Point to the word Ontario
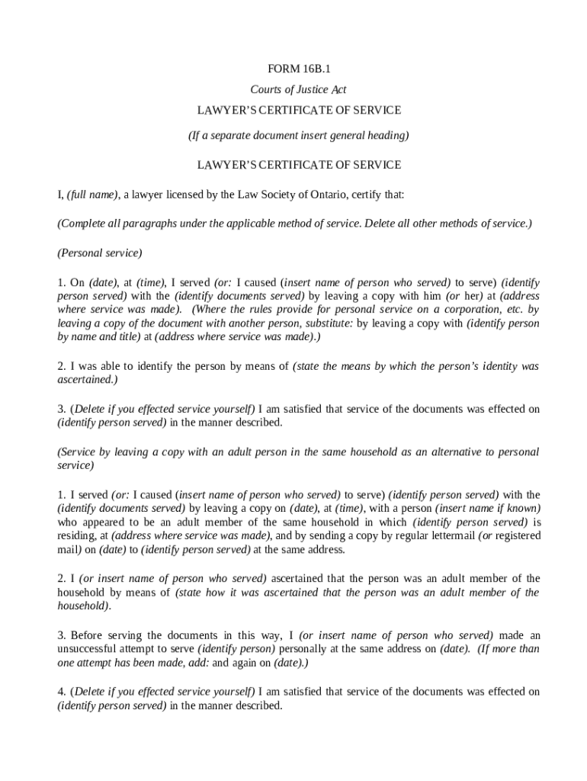coord(328,194)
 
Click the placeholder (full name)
coord(91,194)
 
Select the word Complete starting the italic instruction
coord(81,223)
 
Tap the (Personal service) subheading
coord(99,252)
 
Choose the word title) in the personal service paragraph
coord(125,337)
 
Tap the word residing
coord(75,535)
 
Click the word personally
coord(304,648)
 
